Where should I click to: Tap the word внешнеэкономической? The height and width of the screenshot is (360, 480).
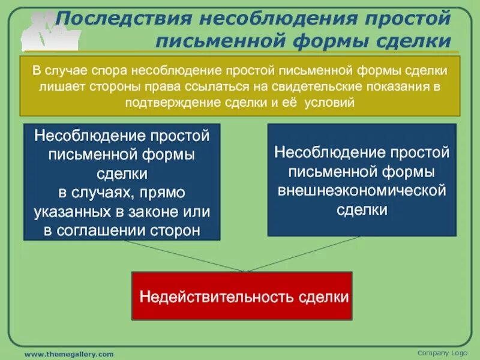tap(362, 191)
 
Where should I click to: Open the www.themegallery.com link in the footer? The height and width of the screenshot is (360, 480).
tap(68, 355)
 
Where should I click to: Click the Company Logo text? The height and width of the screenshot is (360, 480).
tap(442, 352)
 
